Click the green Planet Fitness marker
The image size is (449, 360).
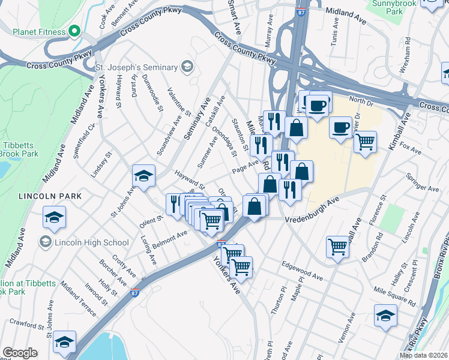[74, 31]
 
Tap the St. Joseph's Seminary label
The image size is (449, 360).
[136, 68]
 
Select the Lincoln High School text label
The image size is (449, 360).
[91, 242]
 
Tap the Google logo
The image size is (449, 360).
[20, 353]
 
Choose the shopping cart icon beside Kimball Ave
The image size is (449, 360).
[364, 143]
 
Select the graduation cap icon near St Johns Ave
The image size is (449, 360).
[143, 176]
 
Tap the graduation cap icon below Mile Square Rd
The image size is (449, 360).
[385, 316]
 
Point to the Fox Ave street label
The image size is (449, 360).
[411, 146]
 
